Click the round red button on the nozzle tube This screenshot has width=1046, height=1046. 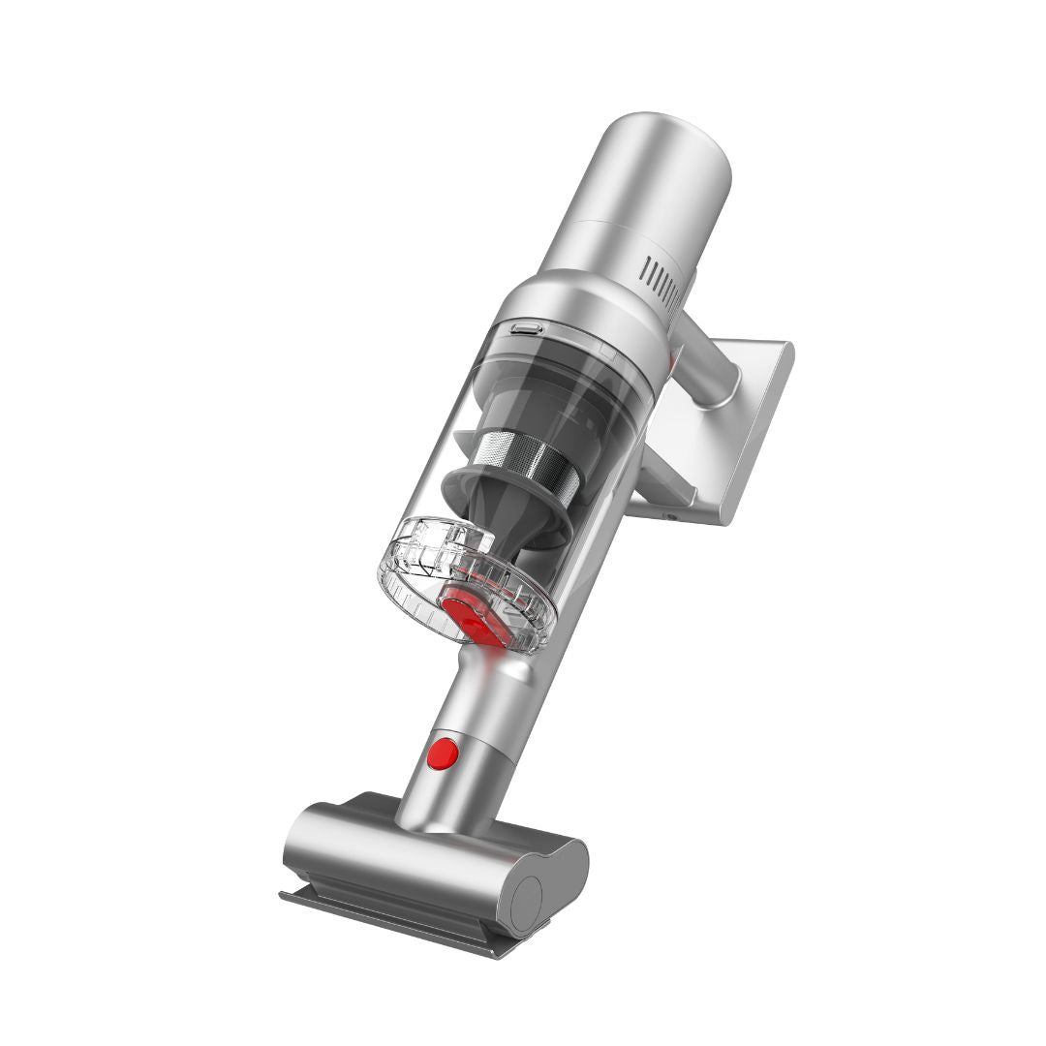tap(443, 752)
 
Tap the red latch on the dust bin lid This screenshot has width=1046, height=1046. tap(476, 616)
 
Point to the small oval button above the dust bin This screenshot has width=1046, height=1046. tap(527, 329)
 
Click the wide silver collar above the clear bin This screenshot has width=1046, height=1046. tap(581, 310)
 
